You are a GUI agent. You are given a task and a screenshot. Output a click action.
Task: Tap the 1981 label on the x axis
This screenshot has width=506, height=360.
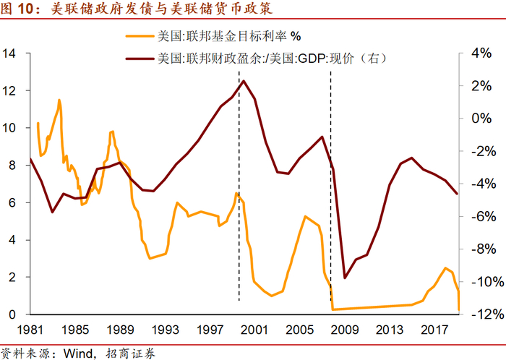[x=30, y=330]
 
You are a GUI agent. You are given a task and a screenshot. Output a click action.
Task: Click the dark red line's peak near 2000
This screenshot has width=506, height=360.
[x=244, y=80]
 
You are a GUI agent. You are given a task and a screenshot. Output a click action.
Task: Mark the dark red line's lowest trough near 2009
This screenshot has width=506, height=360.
[x=345, y=278]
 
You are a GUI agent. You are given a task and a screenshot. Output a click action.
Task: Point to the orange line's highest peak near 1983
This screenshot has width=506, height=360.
[x=59, y=100]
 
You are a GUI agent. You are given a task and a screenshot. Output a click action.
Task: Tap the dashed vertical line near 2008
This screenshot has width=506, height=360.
[x=330, y=217]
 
